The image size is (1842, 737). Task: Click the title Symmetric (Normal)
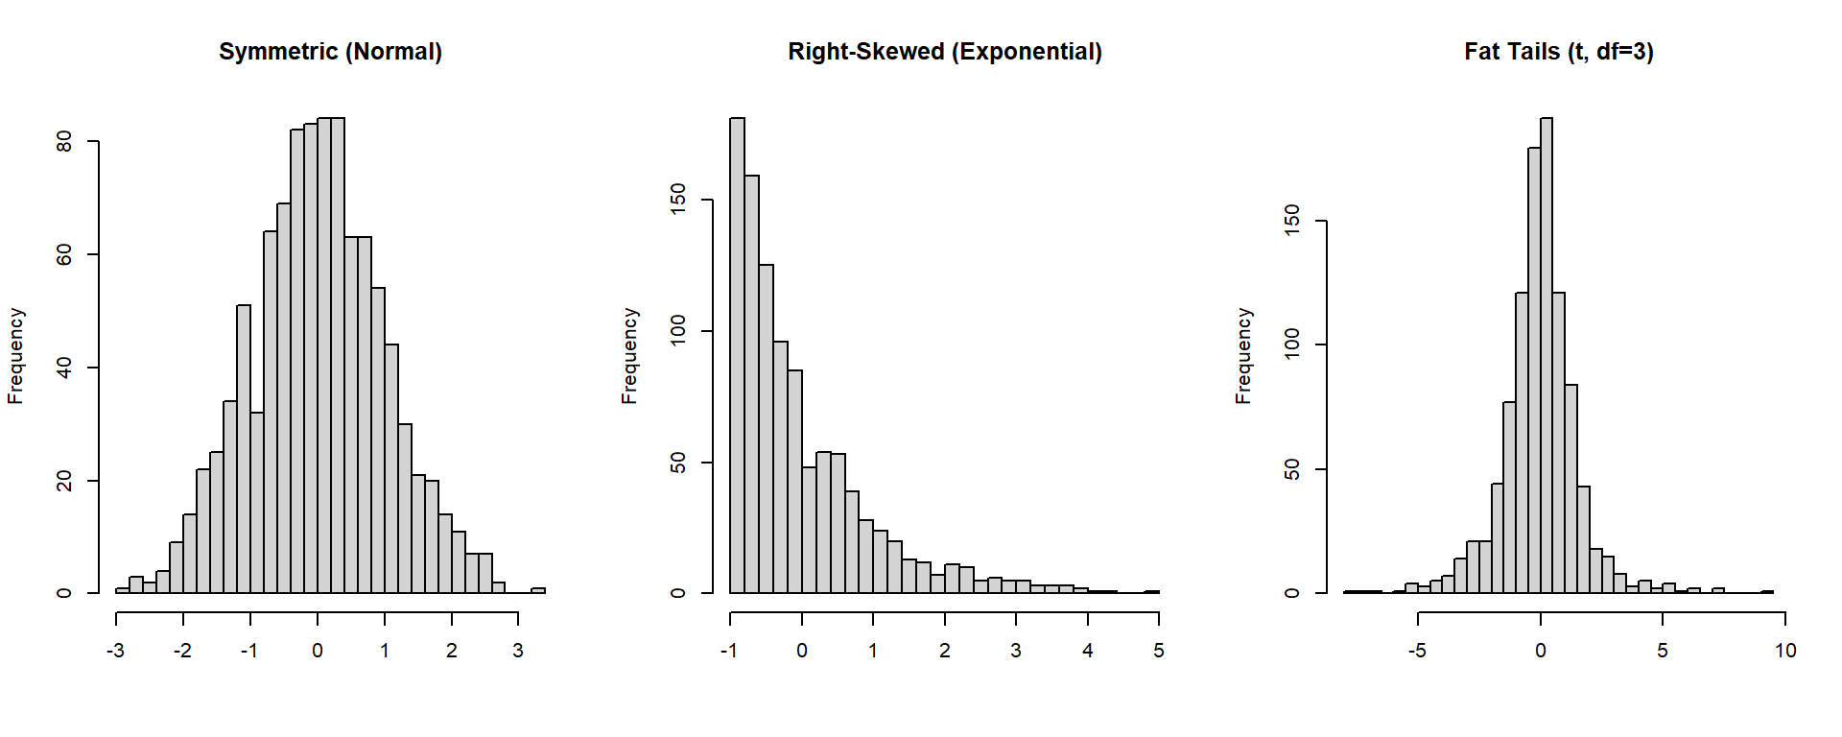330,52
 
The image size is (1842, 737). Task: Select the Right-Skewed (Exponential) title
944,52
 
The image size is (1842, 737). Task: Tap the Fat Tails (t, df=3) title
1558,52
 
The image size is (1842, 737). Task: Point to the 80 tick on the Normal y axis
64,142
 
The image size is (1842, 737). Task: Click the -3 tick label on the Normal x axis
115,651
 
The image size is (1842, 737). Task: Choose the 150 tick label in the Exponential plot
678,199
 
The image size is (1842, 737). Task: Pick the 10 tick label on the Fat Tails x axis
1784,651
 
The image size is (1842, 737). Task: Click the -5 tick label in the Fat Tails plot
1417,651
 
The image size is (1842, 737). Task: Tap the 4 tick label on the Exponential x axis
1087,651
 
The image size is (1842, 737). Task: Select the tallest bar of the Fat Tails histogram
1547,355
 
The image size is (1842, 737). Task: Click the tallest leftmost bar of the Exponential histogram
737,355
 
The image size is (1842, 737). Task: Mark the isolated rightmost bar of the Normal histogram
538,590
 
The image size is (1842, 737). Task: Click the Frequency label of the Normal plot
15,356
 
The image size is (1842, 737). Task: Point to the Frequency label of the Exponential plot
629,356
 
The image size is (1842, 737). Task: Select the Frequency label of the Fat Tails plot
1243,356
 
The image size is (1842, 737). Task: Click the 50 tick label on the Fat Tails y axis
1292,469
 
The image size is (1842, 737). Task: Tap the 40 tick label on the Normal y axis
64,368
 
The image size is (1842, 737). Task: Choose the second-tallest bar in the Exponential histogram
751,384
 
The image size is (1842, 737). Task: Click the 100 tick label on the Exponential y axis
678,330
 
